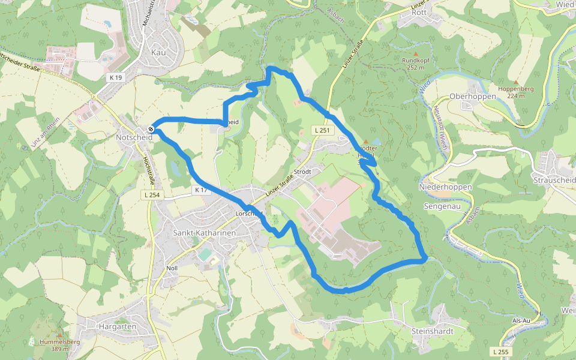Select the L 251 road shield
[322, 130]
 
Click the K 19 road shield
[116, 77]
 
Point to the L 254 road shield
[151, 195]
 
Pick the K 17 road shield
[200, 190]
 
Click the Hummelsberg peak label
[60, 342]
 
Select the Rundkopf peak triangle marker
[415, 53]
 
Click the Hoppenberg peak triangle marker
[516, 82]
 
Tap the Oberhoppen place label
[473, 96]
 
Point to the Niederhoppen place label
[445, 187]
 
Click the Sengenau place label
[442, 206]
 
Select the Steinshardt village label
[432, 331]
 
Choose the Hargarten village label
[118, 326]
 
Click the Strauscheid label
[554, 180]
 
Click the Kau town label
[158, 53]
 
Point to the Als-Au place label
[523, 321]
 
